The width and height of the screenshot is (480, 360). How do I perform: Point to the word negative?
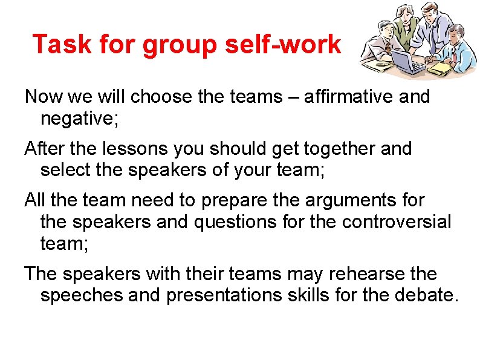[x=79, y=119]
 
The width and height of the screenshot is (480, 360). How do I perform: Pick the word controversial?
[x=397, y=222]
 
